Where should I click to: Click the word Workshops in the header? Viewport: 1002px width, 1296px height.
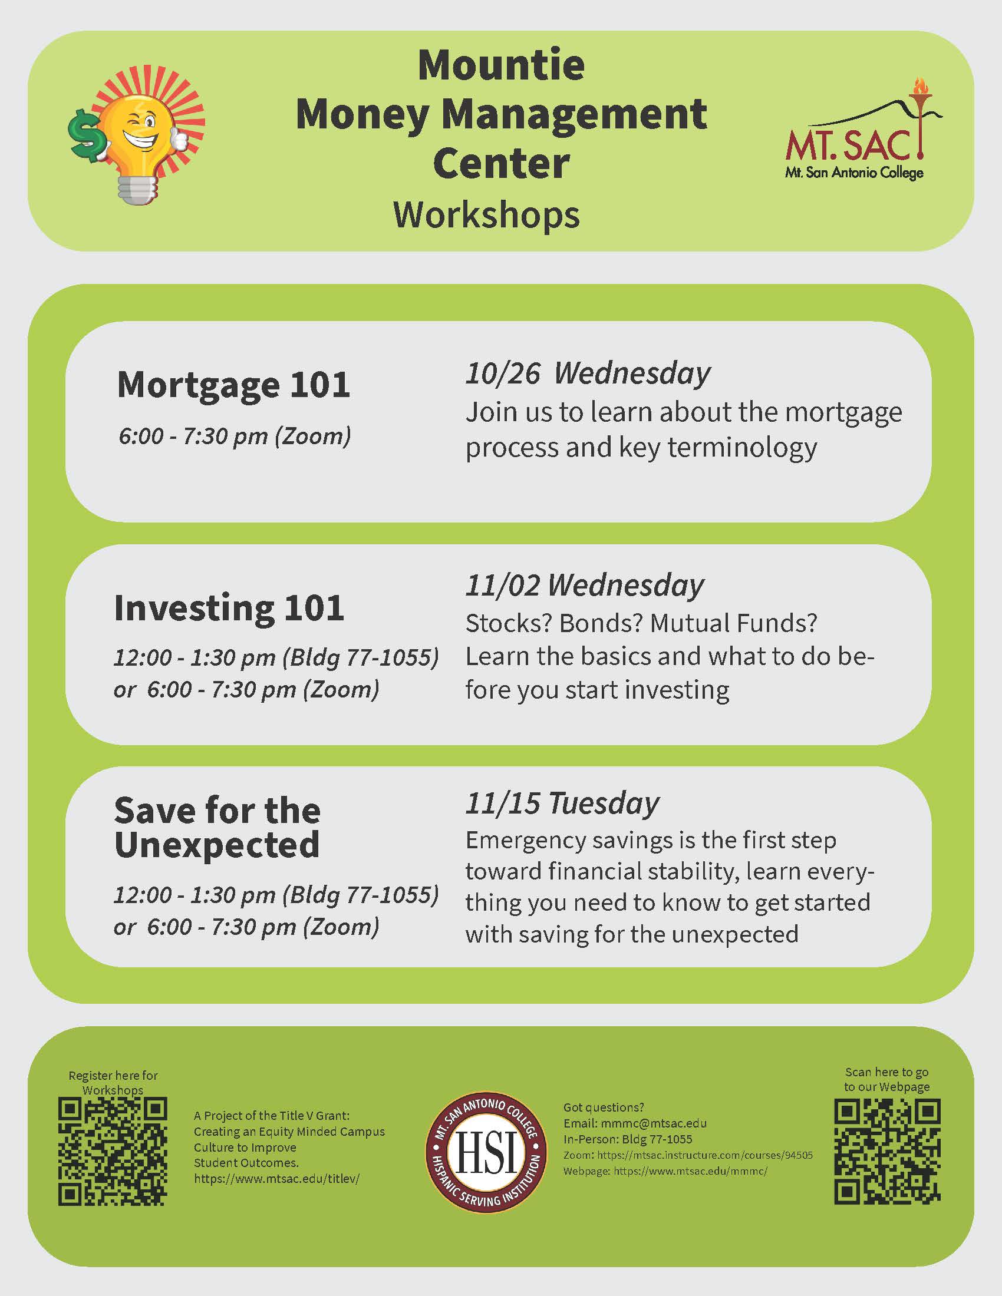(x=487, y=215)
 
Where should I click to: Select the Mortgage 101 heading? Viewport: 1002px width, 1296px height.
(x=233, y=386)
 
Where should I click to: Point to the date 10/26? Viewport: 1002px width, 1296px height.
(x=503, y=374)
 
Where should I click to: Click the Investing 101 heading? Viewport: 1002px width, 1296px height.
(x=229, y=609)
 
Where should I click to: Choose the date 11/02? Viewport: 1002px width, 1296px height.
(x=503, y=586)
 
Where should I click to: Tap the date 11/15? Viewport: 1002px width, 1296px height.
(x=503, y=804)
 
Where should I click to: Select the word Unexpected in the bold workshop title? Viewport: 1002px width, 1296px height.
(x=217, y=845)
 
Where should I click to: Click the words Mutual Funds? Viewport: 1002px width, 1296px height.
(x=734, y=623)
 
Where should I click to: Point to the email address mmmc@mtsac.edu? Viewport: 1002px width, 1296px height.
(x=654, y=1123)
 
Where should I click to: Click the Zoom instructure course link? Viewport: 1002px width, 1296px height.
(x=704, y=1155)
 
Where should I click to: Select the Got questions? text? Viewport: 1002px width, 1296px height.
(x=603, y=1107)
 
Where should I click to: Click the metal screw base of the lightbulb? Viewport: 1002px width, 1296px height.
(x=138, y=189)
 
